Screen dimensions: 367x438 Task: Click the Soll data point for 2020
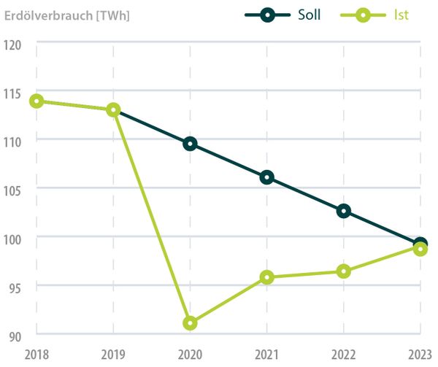(x=190, y=144)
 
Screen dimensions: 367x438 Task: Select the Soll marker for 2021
(x=266, y=177)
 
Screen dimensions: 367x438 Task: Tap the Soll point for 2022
(x=344, y=211)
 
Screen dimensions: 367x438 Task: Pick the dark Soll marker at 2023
(x=420, y=244)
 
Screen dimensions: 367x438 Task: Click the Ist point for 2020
(x=190, y=322)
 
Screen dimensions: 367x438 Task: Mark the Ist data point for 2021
(x=266, y=277)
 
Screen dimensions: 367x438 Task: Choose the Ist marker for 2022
(x=344, y=271)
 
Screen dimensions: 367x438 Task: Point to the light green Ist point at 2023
(x=420, y=249)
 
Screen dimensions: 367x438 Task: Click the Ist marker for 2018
(x=36, y=101)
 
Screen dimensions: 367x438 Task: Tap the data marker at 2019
(x=113, y=110)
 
